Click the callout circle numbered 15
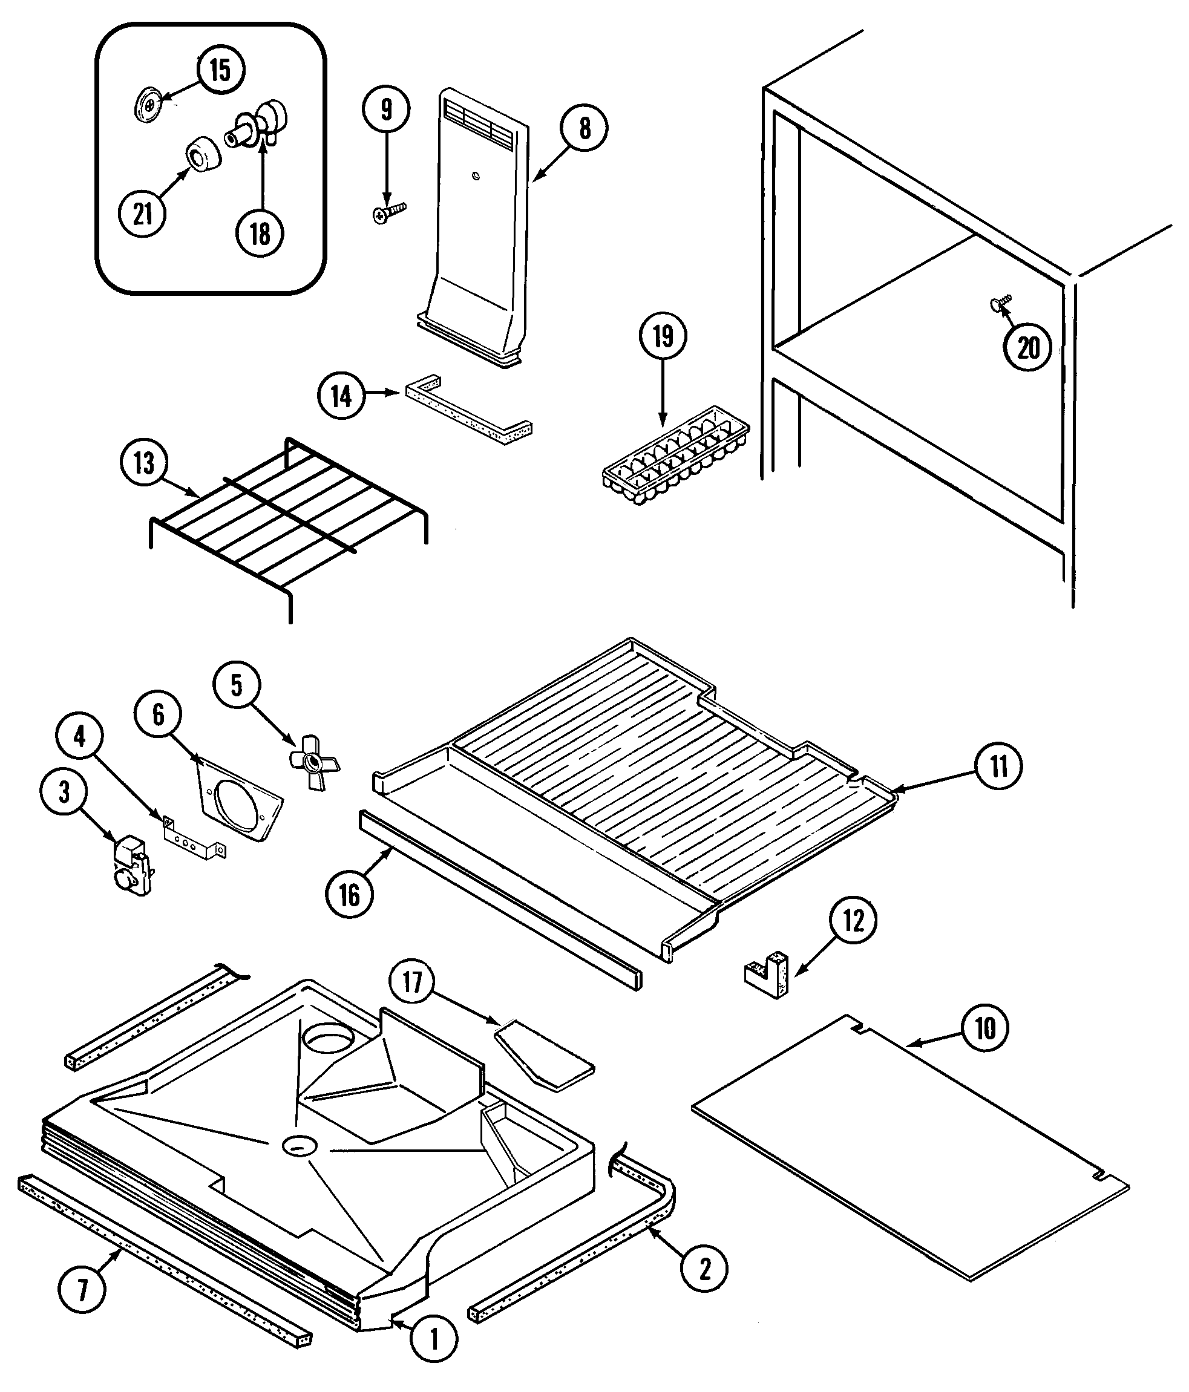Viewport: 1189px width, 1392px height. (x=220, y=70)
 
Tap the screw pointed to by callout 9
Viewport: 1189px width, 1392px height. (x=388, y=214)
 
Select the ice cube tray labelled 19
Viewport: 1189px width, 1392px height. (x=675, y=456)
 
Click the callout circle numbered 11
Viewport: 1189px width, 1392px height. (x=999, y=766)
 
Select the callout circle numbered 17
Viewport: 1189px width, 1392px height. (x=413, y=982)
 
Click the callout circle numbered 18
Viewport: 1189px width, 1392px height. (x=260, y=233)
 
